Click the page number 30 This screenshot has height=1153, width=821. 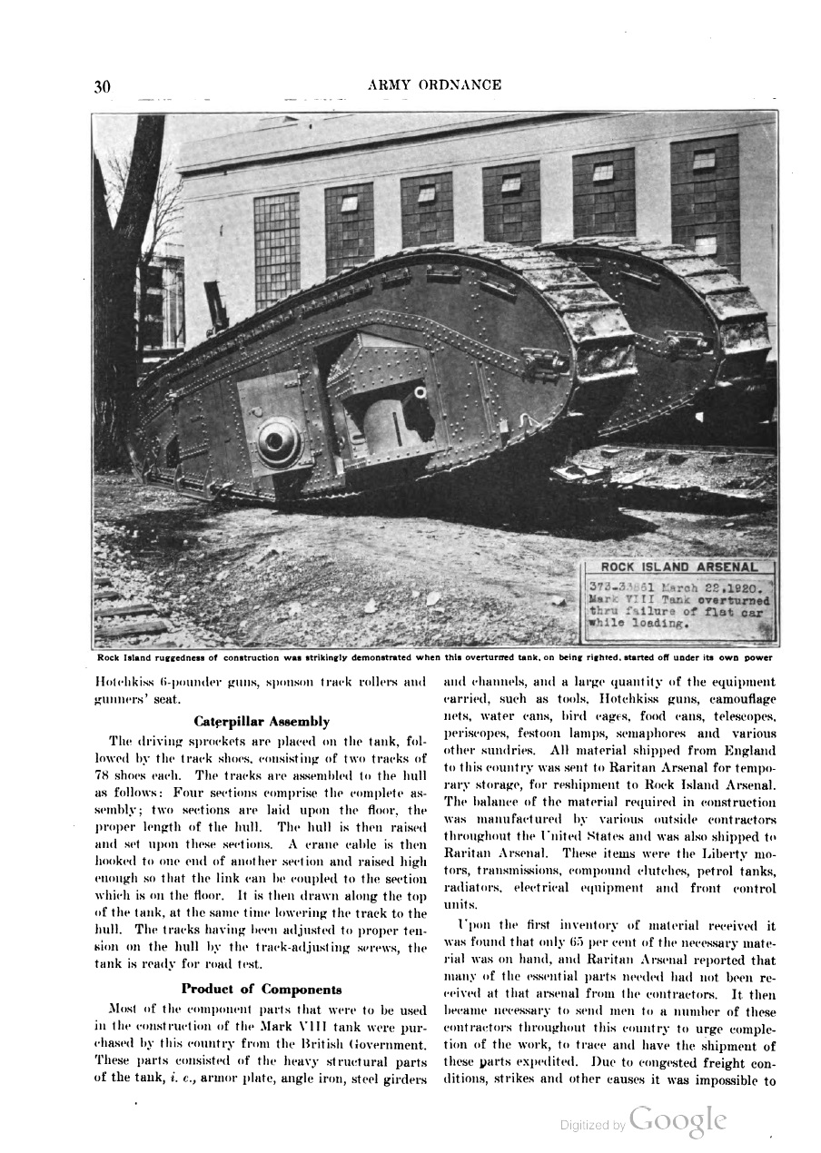click(x=102, y=86)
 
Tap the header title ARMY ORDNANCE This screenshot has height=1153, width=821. click(x=434, y=84)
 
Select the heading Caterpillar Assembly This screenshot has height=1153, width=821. click(x=262, y=721)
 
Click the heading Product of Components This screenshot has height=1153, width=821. click(x=262, y=989)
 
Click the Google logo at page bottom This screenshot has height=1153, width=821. click(x=678, y=1120)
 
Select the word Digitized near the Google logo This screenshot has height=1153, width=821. click(x=585, y=1126)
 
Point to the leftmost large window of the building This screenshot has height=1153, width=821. click(x=276, y=250)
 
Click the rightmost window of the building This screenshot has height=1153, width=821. click(x=705, y=204)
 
